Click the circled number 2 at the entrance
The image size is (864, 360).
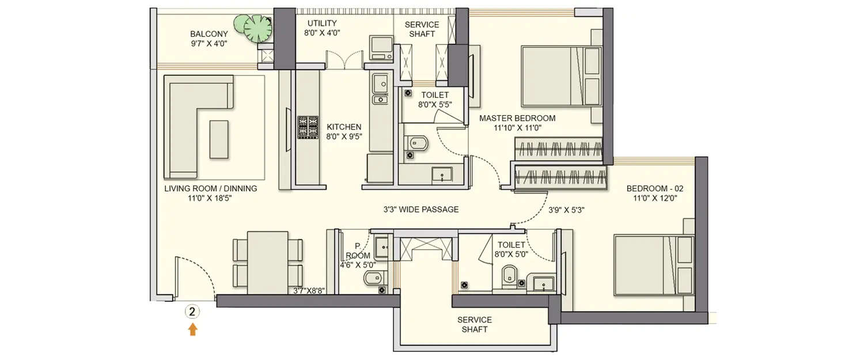tap(192, 312)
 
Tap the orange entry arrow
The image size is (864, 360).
tap(192, 329)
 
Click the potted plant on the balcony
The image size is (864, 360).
tap(257, 28)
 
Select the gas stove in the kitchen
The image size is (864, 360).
tap(307, 127)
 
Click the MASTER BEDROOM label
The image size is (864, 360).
tap(517, 118)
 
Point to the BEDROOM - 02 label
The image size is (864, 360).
tap(655, 188)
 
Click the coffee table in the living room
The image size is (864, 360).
tap(218, 139)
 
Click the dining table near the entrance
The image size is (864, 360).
tap(268, 263)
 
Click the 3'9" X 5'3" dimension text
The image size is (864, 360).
tap(566, 210)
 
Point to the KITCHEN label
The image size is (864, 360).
tap(344, 127)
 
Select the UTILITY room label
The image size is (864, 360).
tap(321, 23)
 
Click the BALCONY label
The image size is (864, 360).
tap(209, 34)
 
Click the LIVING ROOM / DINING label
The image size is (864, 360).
tap(210, 188)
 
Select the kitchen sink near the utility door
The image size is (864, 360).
tap(380, 85)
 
